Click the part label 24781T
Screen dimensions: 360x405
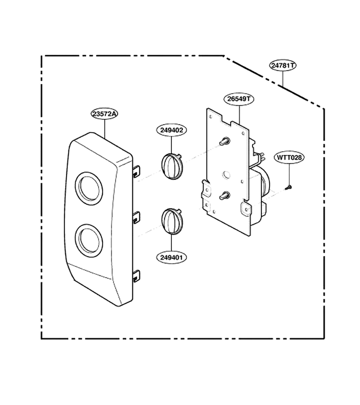[283, 65]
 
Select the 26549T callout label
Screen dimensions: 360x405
[239, 99]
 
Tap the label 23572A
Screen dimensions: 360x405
[104, 114]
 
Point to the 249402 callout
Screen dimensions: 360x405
[171, 130]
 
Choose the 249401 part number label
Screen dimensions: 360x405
[171, 257]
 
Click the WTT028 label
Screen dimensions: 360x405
[289, 157]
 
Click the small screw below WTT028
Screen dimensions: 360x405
[288, 187]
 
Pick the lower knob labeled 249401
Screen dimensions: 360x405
[172, 221]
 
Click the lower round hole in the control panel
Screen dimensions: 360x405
[89, 240]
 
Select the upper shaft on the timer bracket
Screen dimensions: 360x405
[224, 141]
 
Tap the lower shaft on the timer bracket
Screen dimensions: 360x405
[224, 196]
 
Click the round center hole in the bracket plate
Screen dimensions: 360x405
[226, 175]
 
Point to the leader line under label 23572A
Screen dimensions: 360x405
[105, 128]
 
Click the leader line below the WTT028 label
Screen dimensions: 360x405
[289, 174]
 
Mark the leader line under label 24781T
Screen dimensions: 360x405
[283, 78]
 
